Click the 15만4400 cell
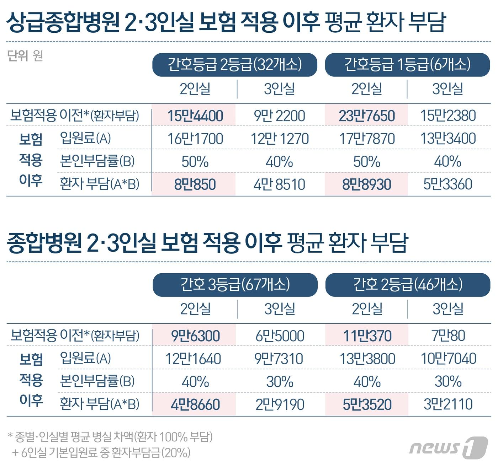(195, 116)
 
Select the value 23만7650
(367, 116)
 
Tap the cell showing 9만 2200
(280, 116)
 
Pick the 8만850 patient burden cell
(195, 184)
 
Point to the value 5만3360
(448, 184)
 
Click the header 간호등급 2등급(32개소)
(234, 65)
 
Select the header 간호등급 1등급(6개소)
(407, 65)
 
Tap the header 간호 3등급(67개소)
(235, 285)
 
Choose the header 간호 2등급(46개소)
(408, 285)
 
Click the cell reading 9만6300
(195, 336)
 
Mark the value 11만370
(367, 336)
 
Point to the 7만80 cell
(448, 336)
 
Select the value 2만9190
(280, 404)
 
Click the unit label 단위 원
(25, 56)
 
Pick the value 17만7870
(367, 139)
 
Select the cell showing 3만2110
(448, 404)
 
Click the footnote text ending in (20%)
(101, 452)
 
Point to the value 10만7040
(448, 359)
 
